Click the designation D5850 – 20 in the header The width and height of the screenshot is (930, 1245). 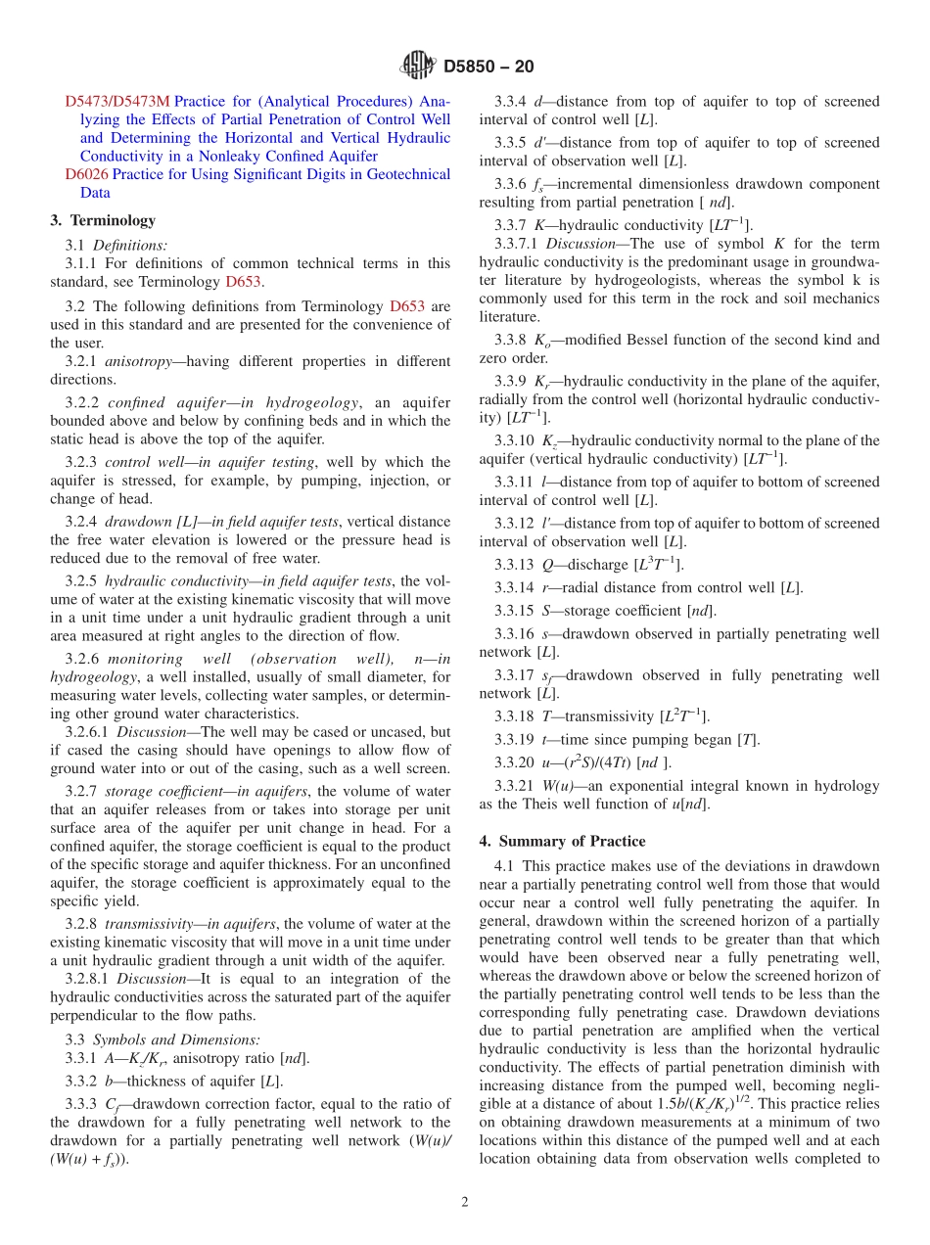[x=488, y=67]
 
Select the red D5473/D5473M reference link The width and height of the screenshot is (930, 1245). [x=116, y=101]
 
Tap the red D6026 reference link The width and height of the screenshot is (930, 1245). [x=86, y=174]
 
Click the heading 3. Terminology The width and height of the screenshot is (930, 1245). [x=103, y=220]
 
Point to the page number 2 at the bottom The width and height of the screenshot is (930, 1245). [x=465, y=1202]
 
